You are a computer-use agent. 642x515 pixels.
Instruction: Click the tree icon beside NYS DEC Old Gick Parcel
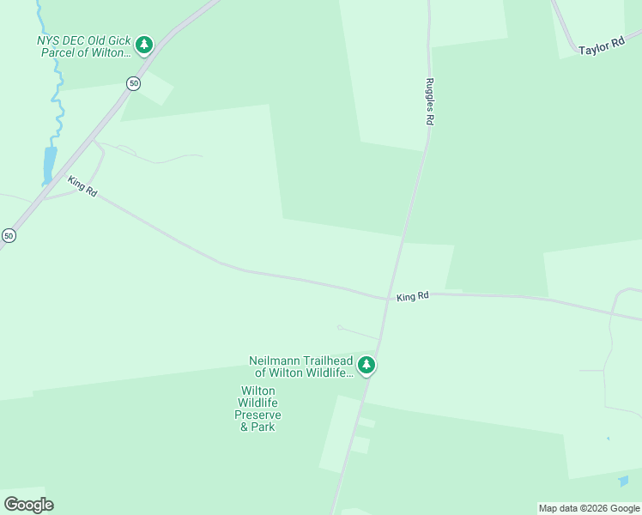(144, 44)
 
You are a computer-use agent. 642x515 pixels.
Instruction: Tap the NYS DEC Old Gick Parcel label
(85, 46)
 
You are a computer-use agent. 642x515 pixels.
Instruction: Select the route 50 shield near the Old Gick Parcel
(132, 83)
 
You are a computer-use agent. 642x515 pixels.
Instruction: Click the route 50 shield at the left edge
(9, 235)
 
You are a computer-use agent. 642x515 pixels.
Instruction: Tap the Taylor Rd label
(601, 48)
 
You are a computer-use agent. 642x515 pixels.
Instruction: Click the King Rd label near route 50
(82, 186)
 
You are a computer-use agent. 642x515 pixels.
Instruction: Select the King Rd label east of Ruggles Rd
(413, 297)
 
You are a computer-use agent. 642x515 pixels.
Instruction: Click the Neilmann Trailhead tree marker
(366, 366)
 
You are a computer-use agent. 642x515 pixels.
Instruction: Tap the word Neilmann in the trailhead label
(272, 360)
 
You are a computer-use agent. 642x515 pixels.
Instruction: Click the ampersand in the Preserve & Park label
(245, 427)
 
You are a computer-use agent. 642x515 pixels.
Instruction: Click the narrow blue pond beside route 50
(49, 165)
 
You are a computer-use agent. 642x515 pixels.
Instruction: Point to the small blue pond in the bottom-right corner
(623, 482)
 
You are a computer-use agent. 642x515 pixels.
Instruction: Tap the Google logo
(28, 504)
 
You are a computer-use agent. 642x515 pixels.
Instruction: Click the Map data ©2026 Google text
(589, 508)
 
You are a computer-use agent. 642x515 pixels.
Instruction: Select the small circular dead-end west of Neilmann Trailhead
(340, 327)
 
